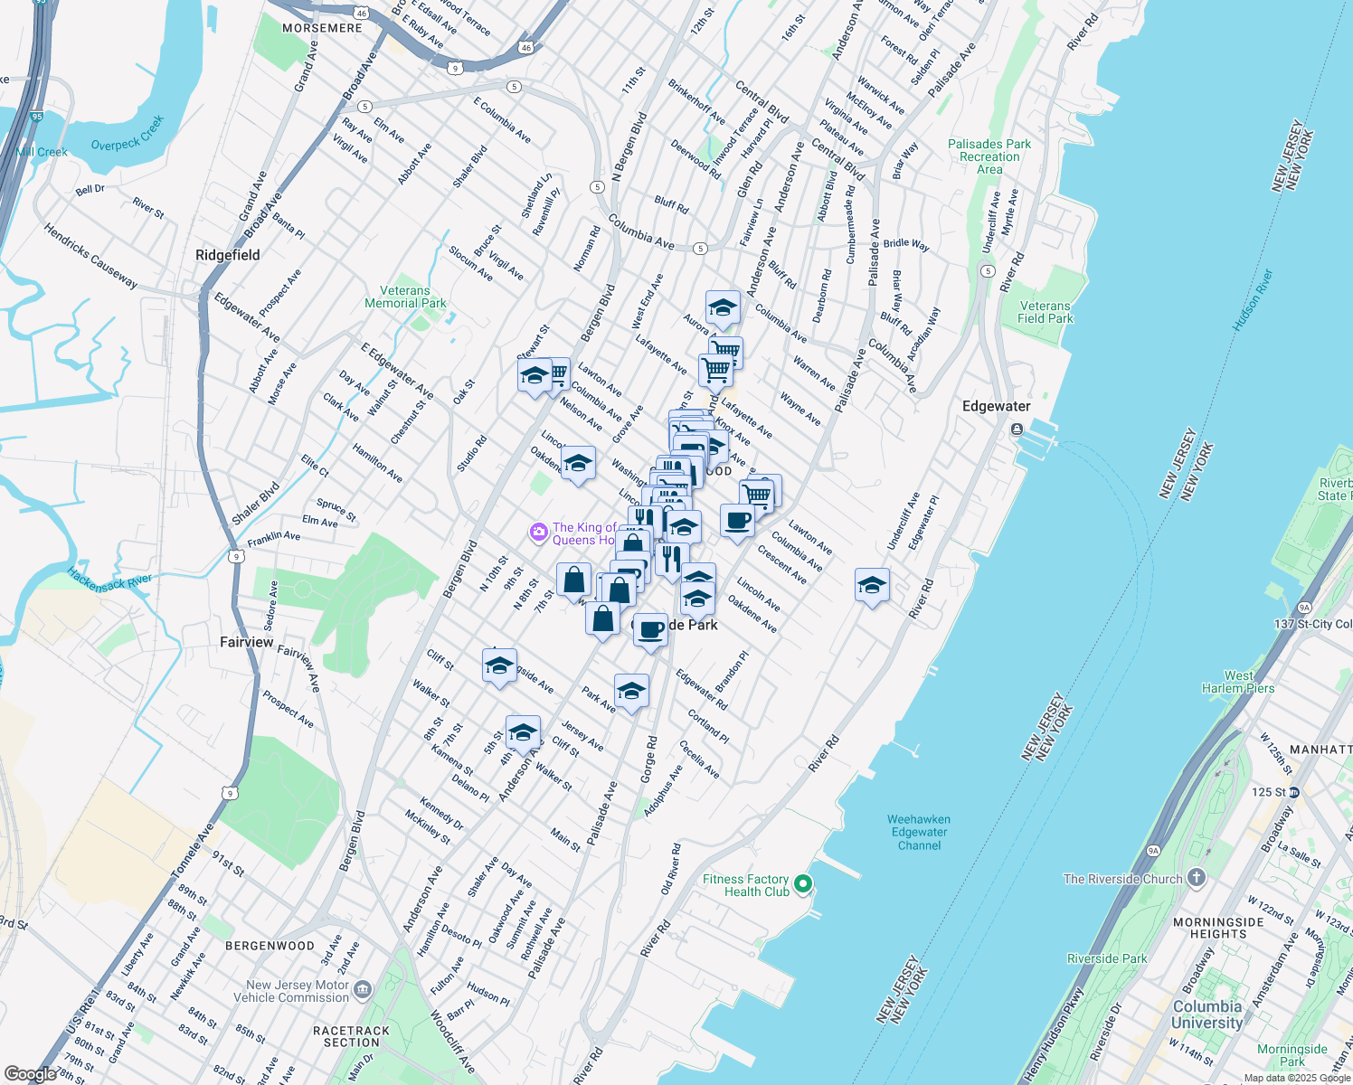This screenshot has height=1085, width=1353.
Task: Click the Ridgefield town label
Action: tap(228, 255)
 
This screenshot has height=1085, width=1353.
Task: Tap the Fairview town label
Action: tap(246, 642)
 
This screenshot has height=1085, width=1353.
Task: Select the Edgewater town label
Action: tap(996, 406)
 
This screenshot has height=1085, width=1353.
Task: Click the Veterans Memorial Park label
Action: tap(405, 297)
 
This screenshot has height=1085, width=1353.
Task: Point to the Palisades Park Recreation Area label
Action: tap(989, 156)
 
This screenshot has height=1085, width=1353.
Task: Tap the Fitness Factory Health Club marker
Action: tap(802, 884)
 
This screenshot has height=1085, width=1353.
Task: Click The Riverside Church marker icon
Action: tap(1197, 877)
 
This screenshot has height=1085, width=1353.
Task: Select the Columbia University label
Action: tap(1206, 1014)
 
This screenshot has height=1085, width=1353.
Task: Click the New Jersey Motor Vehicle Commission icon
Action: tap(363, 990)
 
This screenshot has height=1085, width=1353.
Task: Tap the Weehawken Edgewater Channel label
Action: tap(919, 832)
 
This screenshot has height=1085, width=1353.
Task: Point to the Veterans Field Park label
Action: tap(1045, 312)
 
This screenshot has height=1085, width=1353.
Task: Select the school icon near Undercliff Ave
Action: tap(872, 586)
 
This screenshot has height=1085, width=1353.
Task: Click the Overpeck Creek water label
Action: tap(128, 133)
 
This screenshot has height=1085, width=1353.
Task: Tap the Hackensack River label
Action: tap(109, 584)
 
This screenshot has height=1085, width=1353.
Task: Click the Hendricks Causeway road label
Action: tap(90, 256)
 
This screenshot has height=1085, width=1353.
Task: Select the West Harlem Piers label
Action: tap(1237, 682)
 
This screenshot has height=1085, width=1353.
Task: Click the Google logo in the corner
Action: tap(30, 1074)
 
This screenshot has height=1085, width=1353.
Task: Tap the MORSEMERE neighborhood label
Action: tap(322, 28)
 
